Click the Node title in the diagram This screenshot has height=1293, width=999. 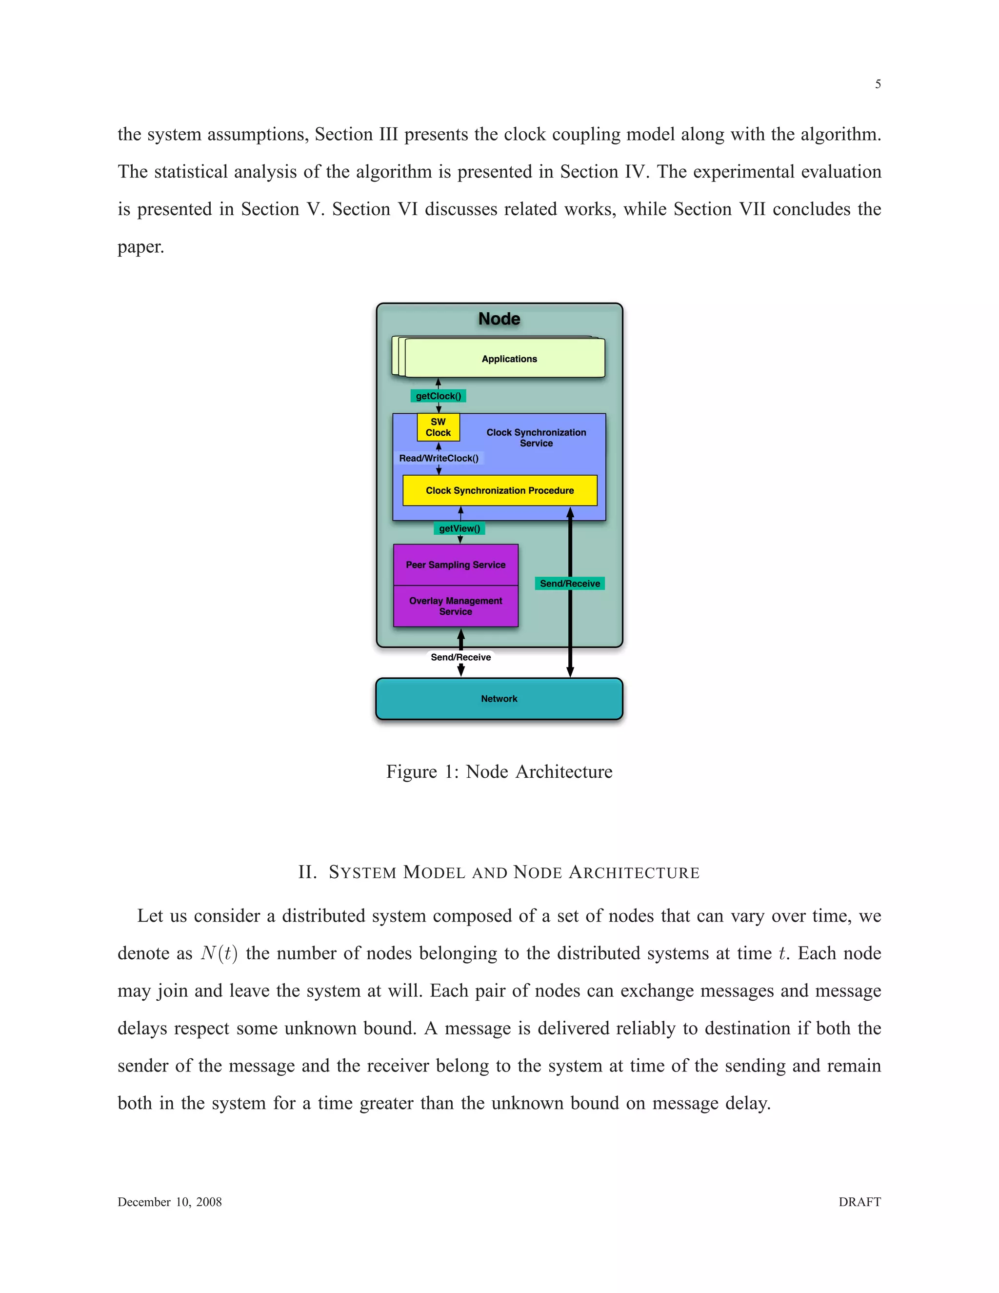point(499,319)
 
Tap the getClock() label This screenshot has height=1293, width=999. point(438,396)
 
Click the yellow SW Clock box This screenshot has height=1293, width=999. point(438,427)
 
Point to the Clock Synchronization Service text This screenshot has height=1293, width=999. point(536,438)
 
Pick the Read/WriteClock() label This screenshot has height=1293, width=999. point(439,458)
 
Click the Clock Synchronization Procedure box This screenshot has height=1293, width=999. point(499,490)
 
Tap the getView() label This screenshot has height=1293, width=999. point(459,528)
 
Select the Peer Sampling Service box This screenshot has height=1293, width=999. point(456,565)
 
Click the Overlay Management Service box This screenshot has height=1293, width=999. point(456,606)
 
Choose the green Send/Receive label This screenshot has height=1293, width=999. point(569,584)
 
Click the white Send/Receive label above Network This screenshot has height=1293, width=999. point(460,657)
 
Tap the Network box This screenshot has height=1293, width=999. point(499,699)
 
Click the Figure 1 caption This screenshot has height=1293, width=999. point(499,771)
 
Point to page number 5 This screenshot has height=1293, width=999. point(878,84)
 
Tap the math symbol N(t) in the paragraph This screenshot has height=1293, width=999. point(219,954)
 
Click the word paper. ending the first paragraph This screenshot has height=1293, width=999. point(140,247)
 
